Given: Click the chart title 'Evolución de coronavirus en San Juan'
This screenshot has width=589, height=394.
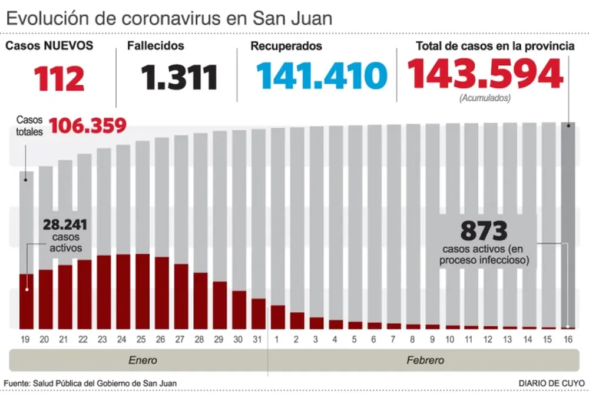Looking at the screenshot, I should (x=168, y=18).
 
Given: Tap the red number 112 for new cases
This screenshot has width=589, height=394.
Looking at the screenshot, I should (x=59, y=78).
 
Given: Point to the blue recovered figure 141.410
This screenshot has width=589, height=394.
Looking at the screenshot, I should (x=321, y=76).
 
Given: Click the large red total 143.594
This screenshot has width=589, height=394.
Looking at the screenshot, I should (x=485, y=75).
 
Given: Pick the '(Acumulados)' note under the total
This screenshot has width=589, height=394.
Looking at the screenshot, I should (x=485, y=99).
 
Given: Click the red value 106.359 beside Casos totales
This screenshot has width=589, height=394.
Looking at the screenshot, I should (x=88, y=125).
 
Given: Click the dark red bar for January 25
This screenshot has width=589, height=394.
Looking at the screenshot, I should (x=142, y=291).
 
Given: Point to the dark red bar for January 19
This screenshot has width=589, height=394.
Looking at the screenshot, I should (x=27, y=301).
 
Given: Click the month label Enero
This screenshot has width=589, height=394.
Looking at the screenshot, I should (x=143, y=360).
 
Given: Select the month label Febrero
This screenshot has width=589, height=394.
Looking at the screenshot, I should (x=425, y=360).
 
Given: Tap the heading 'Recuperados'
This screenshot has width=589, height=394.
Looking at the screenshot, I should (x=286, y=45).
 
